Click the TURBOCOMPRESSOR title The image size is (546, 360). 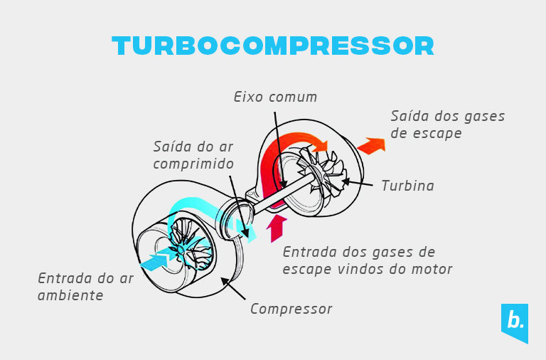pyautogui.click(x=273, y=46)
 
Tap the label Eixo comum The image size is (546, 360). pyautogui.click(x=276, y=97)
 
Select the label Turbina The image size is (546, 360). pyautogui.click(x=407, y=186)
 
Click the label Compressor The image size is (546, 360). pyautogui.click(x=291, y=309)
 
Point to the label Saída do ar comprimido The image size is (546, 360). pyautogui.click(x=193, y=155)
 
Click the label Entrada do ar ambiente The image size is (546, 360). pyautogui.click(x=85, y=286)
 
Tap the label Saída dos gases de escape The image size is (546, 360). pyautogui.click(x=447, y=125)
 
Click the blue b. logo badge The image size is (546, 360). pyautogui.click(x=514, y=322)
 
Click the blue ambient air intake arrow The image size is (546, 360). pyautogui.click(x=155, y=260)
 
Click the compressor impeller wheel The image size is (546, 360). pyautogui.click(x=186, y=245)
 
